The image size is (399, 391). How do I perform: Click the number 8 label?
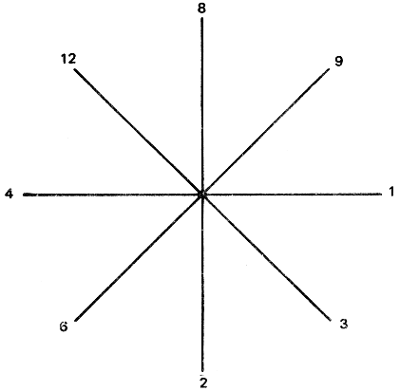201,9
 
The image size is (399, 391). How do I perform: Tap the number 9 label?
339,61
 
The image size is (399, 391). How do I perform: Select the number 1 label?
391,192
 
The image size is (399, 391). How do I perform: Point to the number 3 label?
344,324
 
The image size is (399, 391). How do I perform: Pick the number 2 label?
203,382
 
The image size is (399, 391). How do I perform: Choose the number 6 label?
64,326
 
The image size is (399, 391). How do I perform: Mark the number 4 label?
9,194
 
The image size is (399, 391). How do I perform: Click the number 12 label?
68,59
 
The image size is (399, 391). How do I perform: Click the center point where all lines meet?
201,195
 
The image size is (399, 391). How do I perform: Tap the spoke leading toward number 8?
201,106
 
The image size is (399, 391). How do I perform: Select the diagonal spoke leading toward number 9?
266,132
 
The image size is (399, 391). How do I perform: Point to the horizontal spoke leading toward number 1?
292,195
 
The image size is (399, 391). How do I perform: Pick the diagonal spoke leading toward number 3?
266,257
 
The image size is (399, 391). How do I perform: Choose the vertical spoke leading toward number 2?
202,283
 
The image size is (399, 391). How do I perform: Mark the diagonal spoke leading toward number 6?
139,257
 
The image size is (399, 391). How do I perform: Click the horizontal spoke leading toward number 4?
112,195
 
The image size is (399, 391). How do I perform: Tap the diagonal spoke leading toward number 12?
138,132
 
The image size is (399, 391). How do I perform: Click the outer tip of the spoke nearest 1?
382,195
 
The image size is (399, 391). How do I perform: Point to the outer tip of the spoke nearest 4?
24,195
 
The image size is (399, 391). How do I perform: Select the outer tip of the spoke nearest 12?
75,69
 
